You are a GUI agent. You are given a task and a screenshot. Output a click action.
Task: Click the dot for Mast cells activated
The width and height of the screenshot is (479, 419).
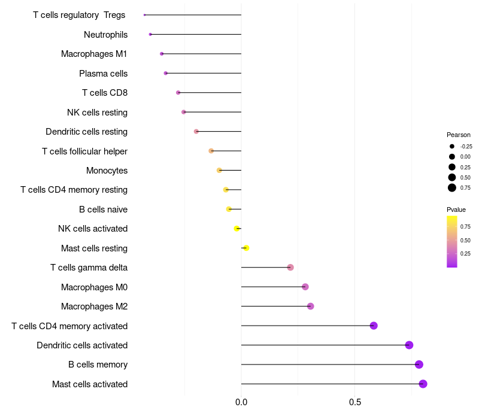point(423,384)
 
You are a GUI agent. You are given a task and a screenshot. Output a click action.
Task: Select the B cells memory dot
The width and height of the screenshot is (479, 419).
point(419,365)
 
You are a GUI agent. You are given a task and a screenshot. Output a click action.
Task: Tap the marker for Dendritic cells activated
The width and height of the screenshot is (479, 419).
point(409,345)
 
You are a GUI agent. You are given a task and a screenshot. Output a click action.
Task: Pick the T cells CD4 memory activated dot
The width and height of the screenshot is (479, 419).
point(374,326)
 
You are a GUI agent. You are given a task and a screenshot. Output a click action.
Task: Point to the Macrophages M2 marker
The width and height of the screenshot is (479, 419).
point(310,306)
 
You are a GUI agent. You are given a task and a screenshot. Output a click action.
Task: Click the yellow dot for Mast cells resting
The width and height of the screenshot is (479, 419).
point(245,248)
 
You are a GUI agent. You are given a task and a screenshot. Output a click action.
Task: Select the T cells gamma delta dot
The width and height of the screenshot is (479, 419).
point(290,268)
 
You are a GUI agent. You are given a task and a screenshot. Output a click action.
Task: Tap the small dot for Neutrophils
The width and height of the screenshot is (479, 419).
point(150,35)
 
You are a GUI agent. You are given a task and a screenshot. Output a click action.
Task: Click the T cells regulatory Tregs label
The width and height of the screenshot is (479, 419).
point(79,15)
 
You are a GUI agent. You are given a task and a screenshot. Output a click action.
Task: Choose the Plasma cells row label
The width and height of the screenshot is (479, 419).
point(103,74)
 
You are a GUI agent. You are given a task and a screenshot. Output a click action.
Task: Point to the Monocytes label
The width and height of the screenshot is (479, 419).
point(107,171)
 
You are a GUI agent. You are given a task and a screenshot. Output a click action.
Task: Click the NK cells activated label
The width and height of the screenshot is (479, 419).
point(93,229)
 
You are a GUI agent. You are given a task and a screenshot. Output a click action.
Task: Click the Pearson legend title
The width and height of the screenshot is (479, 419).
point(459,135)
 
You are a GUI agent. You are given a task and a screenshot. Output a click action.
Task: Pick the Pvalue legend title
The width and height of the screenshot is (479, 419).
point(456,209)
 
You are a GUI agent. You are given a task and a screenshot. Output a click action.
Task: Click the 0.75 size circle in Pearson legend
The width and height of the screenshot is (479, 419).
point(452,188)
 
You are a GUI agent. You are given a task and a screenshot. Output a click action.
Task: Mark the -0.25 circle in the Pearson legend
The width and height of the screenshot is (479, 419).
point(452,146)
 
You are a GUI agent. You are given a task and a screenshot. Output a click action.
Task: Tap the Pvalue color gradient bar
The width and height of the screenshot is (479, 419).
point(452,241)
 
